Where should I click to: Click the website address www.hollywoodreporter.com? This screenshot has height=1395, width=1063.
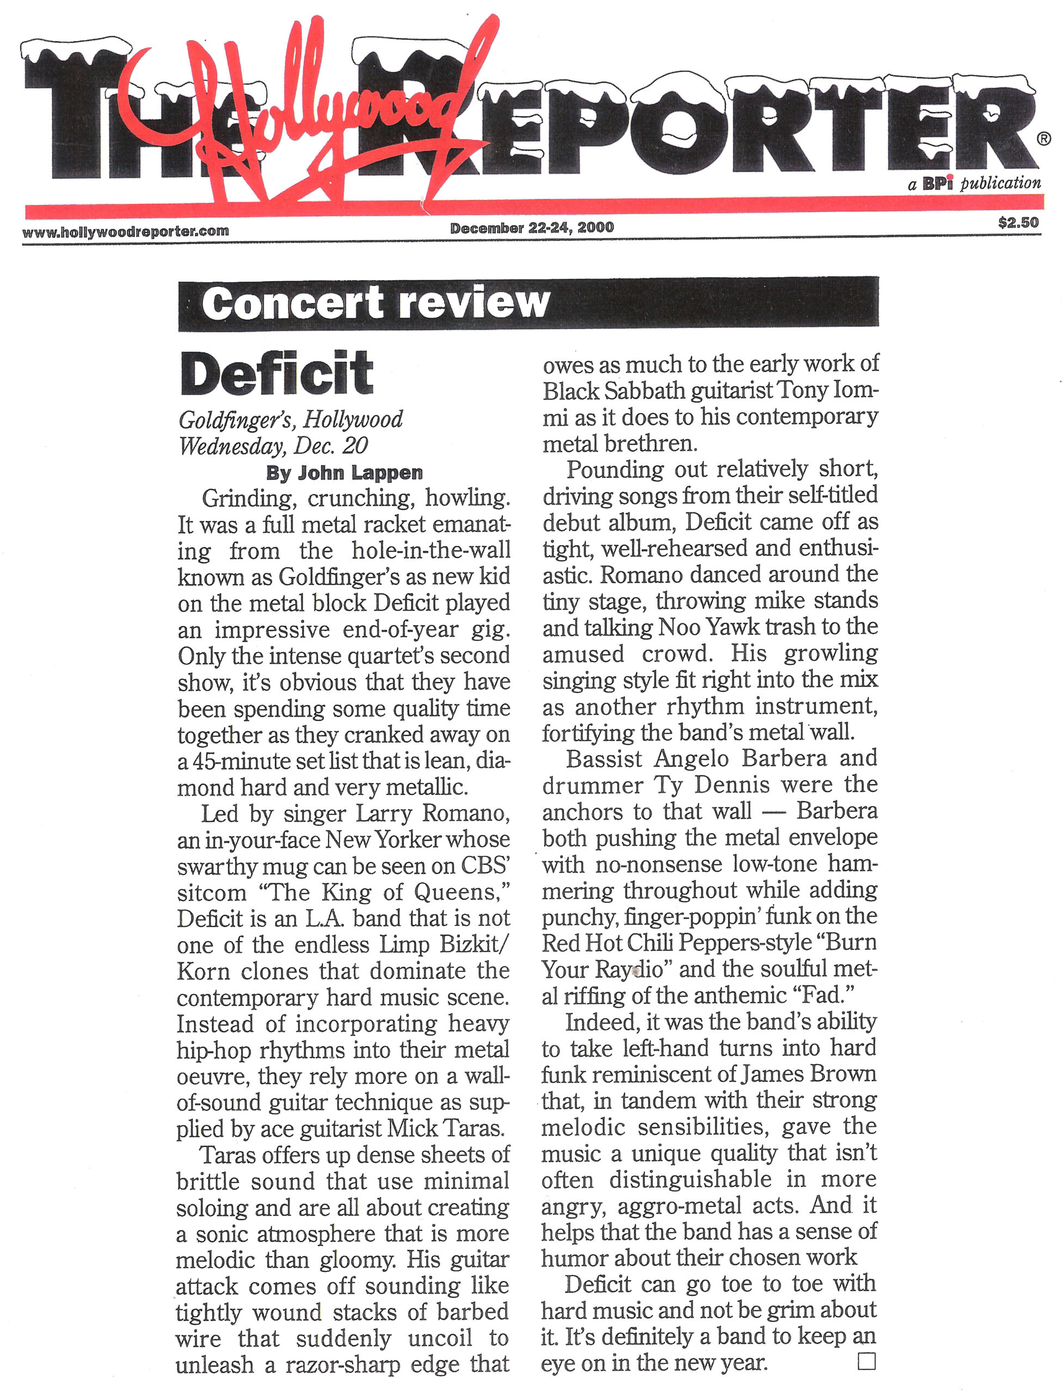point(125,232)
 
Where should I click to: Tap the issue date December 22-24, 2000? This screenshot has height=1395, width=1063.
point(532,228)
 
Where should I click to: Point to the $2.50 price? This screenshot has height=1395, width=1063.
point(1018,222)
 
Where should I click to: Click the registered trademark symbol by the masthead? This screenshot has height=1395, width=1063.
point(1044,138)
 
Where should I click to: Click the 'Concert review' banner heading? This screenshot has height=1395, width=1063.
point(376,304)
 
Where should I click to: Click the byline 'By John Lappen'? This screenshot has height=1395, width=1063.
point(344,472)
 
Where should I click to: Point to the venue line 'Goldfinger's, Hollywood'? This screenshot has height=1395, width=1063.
point(290,420)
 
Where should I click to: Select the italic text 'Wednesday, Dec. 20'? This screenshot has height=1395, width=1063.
point(273,446)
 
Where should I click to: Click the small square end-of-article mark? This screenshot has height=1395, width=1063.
point(867,1361)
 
